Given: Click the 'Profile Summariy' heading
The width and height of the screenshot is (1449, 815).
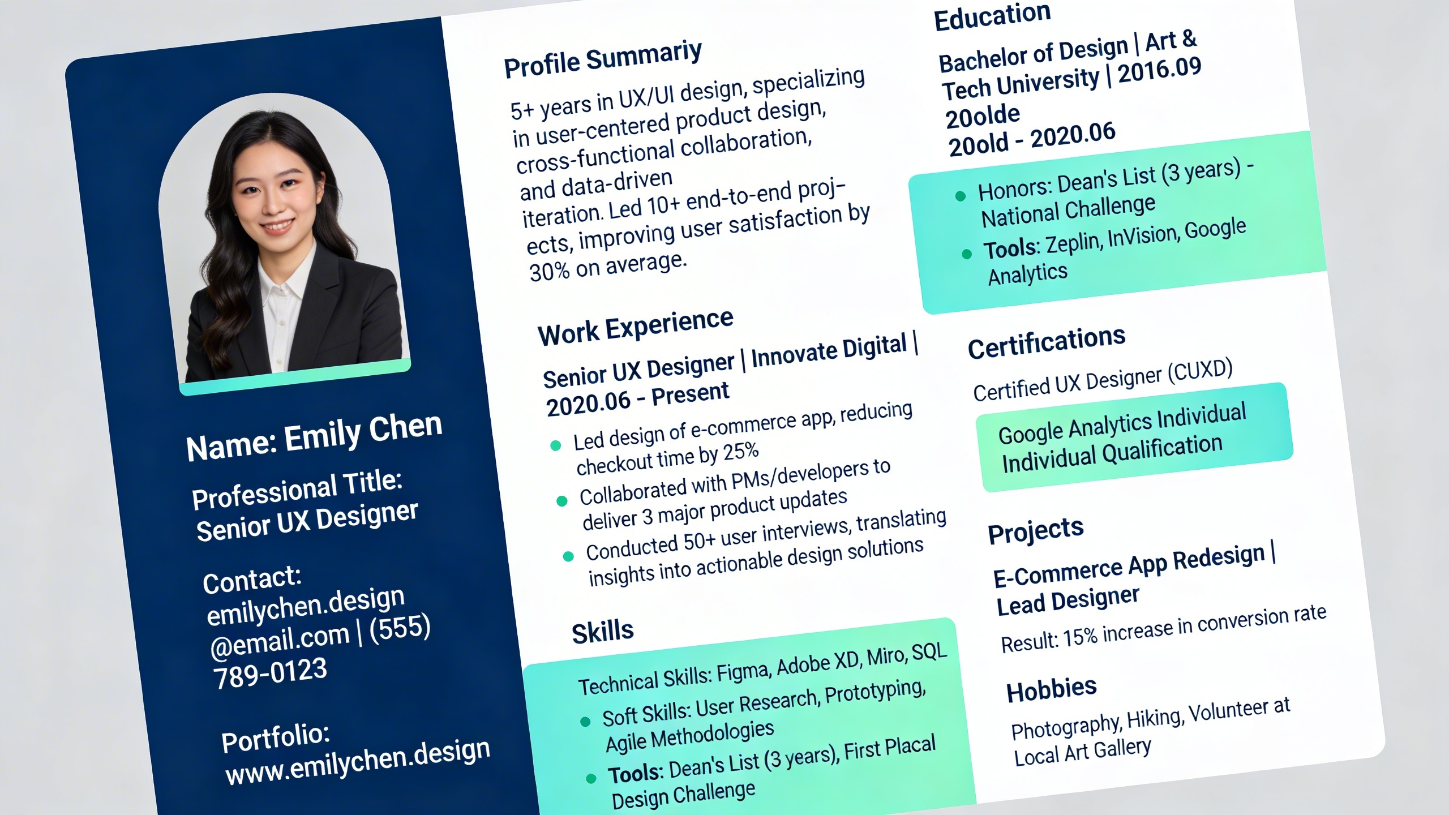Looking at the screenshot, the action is [x=603, y=59].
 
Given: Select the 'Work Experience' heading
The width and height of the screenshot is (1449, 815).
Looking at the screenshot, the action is [x=636, y=327].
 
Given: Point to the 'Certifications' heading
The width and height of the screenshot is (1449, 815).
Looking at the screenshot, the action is [x=1047, y=343].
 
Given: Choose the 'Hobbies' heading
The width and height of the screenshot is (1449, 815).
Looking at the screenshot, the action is [x=1052, y=690].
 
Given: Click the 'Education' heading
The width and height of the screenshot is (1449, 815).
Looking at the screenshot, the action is [x=992, y=16].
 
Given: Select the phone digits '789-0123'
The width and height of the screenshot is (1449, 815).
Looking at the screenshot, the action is [x=270, y=672].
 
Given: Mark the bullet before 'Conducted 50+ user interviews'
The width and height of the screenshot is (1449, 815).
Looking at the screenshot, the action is [x=568, y=556].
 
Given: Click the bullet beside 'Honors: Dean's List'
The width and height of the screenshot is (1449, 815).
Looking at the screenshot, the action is [x=960, y=196].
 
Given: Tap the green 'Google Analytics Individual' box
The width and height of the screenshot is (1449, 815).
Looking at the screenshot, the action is [x=1135, y=436].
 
